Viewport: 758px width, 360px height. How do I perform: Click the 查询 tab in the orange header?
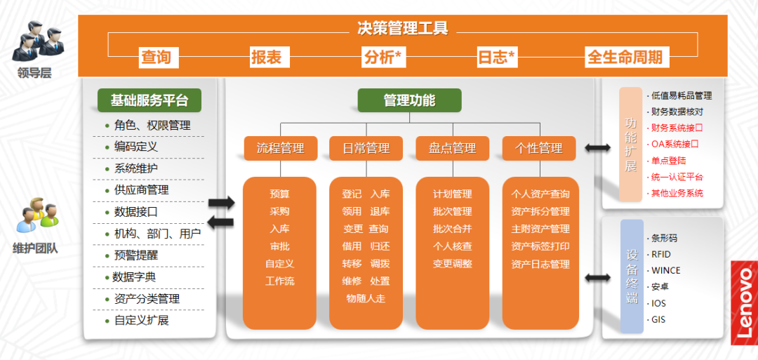click(156, 58)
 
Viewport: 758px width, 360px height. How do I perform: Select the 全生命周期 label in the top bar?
click(624, 58)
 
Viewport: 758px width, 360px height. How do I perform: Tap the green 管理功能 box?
click(409, 100)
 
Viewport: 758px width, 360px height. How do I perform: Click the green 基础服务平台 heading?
click(149, 100)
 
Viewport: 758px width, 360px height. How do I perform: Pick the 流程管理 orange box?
click(280, 148)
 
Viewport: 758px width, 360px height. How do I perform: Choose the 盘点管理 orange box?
click(452, 148)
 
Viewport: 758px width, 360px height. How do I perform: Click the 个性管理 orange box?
click(538, 148)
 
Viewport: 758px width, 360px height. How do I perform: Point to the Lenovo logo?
click(744, 302)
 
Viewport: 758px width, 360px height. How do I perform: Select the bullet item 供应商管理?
click(141, 190)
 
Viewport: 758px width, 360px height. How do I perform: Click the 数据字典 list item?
click(135, 277)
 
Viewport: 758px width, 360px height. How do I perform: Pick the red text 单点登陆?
click(668, 161)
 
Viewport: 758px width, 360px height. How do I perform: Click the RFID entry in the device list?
click(661, 254)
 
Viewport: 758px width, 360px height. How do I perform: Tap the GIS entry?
click(658, 320)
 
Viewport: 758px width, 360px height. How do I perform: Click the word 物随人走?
click(366, 298)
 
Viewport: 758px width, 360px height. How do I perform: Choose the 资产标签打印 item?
click(540, 246)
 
